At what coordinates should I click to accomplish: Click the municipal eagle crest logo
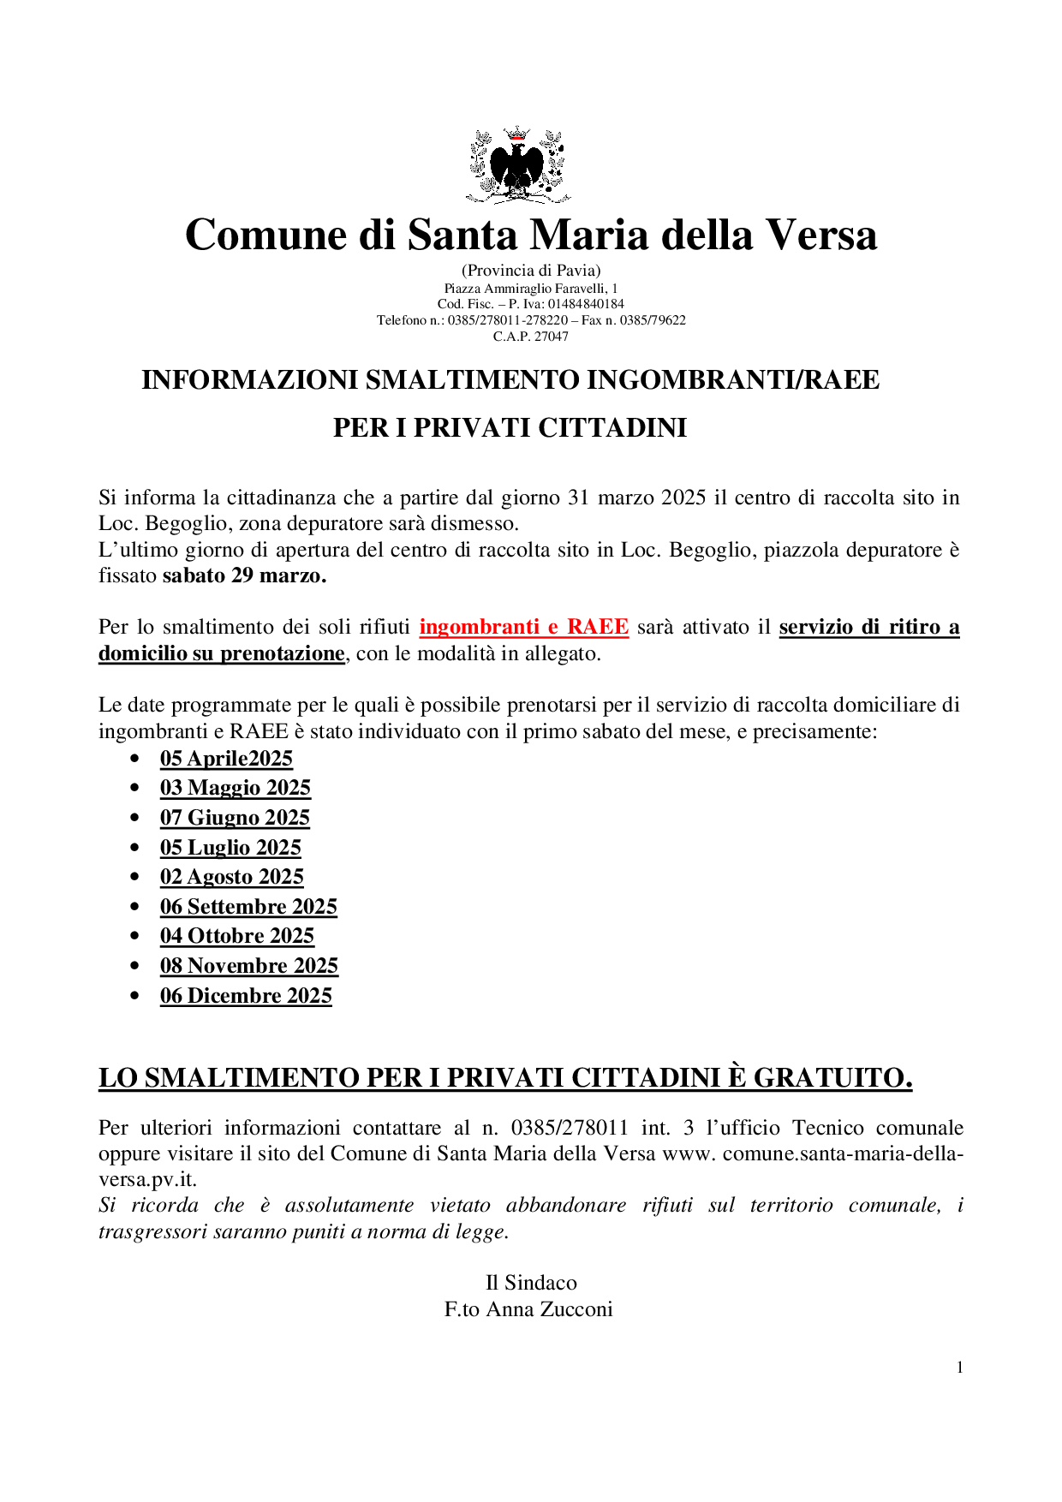pyautogui.click(x=518, y=165)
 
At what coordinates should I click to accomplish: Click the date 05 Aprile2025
pyautogui.click(x=226, y=759)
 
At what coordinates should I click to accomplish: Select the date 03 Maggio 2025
pyautogui.click(x=235, y=788)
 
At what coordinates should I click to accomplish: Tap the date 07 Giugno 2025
pyautogui.click(x=235, y=818)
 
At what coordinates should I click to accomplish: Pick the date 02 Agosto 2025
pyautogui.click(x=231, y=877)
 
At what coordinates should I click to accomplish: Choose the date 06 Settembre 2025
pyautogui.click(x=248, y=907)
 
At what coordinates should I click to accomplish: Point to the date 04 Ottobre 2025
pyautogui.click(x=236, y=936)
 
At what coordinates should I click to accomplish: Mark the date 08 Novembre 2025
pyautogui.click(x=248, y=966)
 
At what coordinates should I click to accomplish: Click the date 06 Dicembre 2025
pyautogui.click(x=246, y=996)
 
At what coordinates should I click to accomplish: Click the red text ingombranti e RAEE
pyautogui.click(x=523, y=627)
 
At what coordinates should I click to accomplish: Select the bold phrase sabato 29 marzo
pyautogui.click(x=244, y=575)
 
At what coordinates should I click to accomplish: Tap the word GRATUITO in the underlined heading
pyautogui.click(x=832, y=1077)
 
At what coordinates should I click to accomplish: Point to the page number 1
pyautogui.click(x=959, y=1368)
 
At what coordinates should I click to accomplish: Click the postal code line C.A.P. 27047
pyautogui.click(x=530, y=337)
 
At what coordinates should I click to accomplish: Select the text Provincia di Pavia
pyautogui.click(x=531, y=271)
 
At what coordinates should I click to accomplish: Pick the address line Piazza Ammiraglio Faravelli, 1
pyautogui.click(x=530, y=289)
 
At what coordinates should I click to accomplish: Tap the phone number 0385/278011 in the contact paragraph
pyautogui.click(x=570, y=1128)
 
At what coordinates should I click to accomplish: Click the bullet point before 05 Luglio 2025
pyautogui.click(x=134, y=847)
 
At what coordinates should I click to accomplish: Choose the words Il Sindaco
pyautogui.click(x=531, y=1283)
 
